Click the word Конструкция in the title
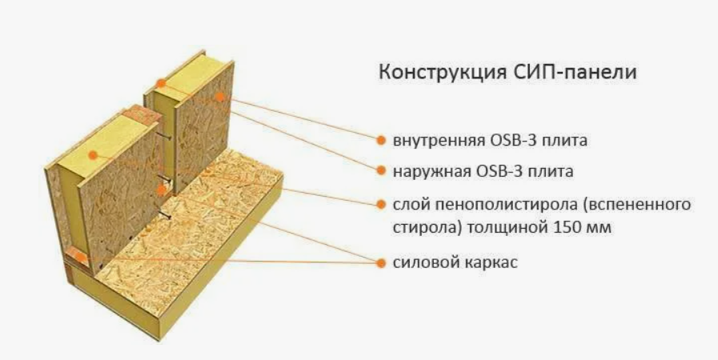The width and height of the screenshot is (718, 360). (x=443, y=73)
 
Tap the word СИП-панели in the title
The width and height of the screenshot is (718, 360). (x=576, y=72)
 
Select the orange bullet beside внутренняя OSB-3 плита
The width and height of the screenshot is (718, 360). (x=381, y=140)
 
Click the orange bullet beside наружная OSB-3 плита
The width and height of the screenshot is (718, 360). (x=381, y=170)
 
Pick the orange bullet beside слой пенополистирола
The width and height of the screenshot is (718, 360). (x=381, y=205)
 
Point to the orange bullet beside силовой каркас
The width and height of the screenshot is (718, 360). (x=381, y=263)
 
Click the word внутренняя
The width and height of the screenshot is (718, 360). (x=439, y=141)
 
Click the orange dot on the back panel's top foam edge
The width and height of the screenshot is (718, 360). (x=161, y=83)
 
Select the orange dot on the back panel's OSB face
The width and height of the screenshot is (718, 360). (x=220, y=97)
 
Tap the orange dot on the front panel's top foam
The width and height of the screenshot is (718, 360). (x=93, y=155)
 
